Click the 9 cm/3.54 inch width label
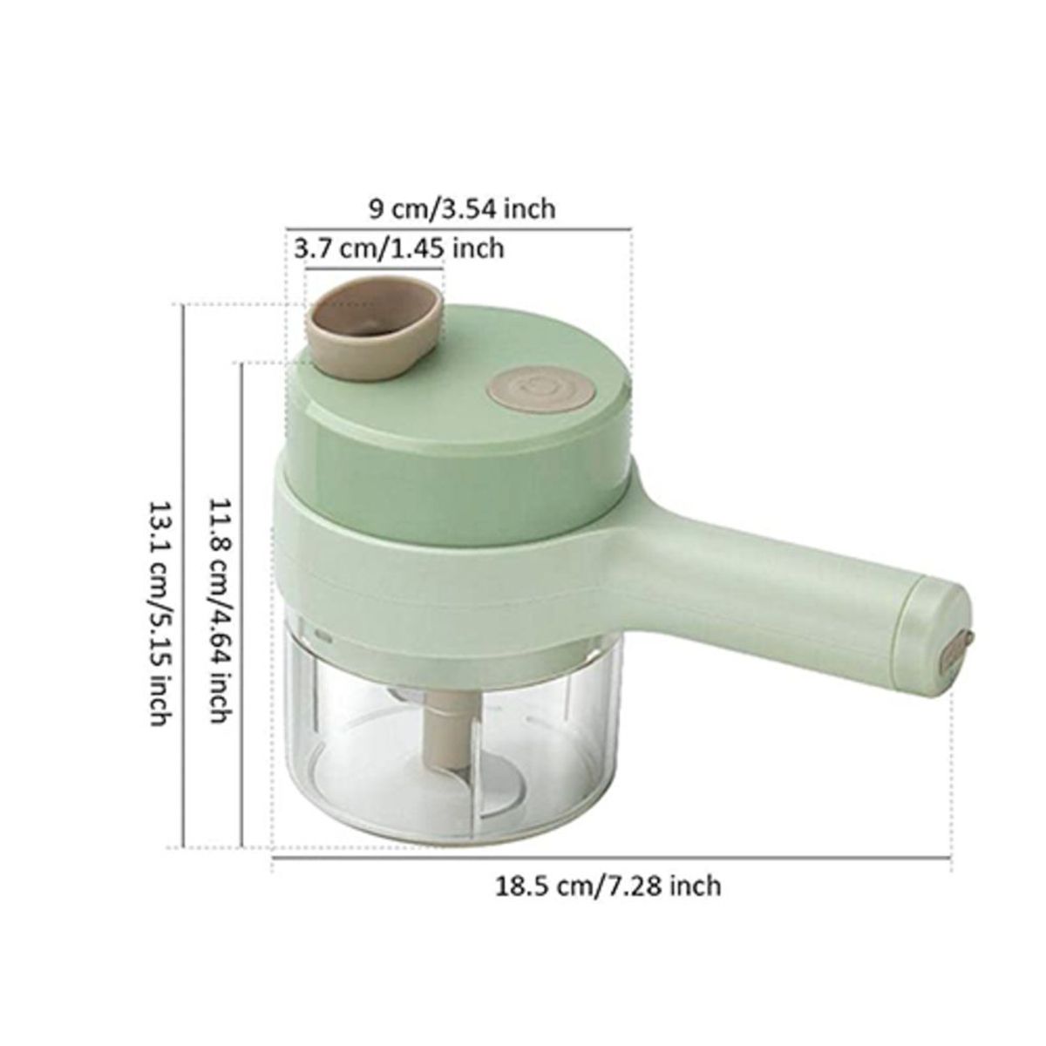coord(462,209)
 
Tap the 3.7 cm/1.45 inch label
coord(399,248)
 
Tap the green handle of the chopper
coord(767,575)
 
